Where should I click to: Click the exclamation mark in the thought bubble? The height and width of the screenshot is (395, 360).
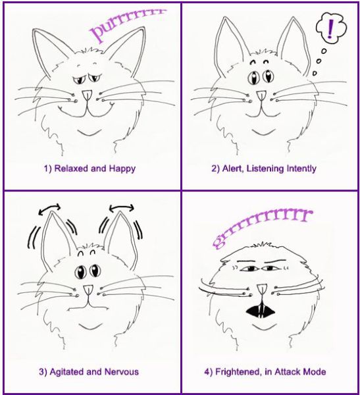pos(330,28)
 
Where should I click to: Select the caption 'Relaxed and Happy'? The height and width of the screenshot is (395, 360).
pos(95,169)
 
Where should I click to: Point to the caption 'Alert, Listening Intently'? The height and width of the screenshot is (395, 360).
pos(269,169)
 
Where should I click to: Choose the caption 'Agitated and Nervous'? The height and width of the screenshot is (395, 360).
pos(94,372)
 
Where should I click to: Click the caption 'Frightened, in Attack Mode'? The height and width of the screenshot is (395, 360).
pos(270,372)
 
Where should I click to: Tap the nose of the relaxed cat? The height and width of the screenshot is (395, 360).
pos(87,95)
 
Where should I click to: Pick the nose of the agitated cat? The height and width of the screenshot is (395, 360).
pos(88,290)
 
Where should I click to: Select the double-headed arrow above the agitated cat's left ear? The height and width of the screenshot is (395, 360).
pos(49,208)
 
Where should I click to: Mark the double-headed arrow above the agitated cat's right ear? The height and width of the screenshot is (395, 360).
pos(122,207)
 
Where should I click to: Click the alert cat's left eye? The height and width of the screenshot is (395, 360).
pos(253,78)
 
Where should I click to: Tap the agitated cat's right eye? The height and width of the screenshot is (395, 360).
pos(95,271)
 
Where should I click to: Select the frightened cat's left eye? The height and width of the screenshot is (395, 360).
pos(250,269)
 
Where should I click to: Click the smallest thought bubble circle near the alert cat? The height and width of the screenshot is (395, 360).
pos(315,73)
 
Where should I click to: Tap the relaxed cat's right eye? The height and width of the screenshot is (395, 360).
pos(95,78)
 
